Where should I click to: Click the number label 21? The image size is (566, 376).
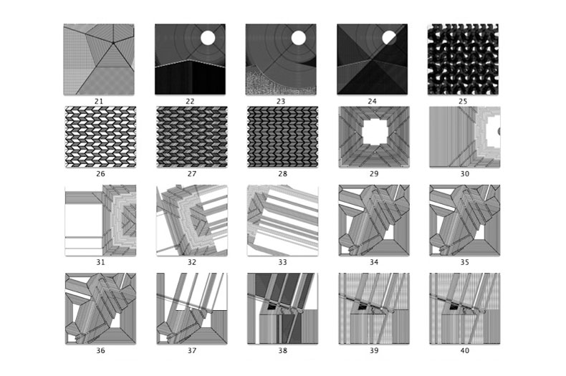coord(99,102)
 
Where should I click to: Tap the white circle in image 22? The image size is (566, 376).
coord(208,38)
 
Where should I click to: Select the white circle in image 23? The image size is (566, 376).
coord(299,38)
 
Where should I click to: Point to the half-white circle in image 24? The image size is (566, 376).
coord(389,37)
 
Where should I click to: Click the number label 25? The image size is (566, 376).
coord(463,102)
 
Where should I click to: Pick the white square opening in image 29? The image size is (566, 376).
coord(375,132)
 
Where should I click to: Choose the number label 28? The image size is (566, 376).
coord(282,174)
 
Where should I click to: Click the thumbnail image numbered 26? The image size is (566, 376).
coord(100,137)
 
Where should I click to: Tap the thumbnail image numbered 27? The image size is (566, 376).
coord(192,137)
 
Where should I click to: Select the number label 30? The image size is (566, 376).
coord(464,174)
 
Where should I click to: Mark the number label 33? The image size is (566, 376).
coord(282,262)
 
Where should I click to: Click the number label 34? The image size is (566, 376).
coord(374,262)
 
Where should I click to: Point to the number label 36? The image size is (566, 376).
coord(100,350)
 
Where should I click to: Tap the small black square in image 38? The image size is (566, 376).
coord(271,307)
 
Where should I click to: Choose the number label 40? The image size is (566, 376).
coord(464,350)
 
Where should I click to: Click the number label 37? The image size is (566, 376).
coord(192,350)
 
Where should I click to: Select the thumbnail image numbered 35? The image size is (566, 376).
coord(464,220)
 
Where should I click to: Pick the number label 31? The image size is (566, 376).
coord(100,262)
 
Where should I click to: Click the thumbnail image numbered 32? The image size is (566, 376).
coord(192,220)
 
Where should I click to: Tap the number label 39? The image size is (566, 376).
coord(374,350)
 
